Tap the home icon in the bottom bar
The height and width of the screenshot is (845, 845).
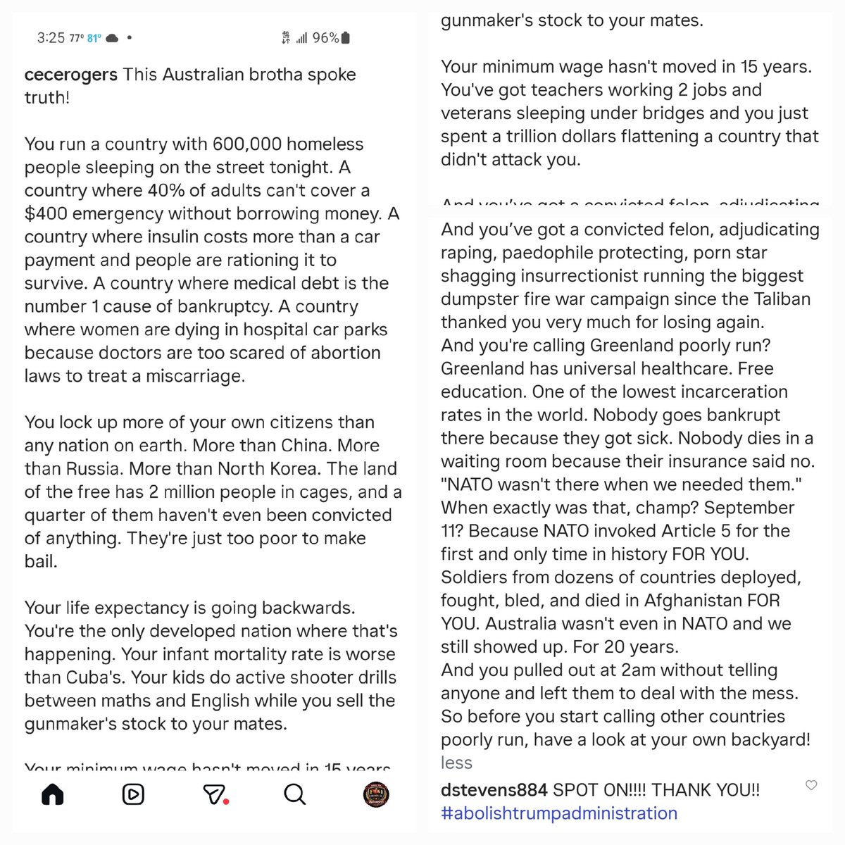coord(53,794)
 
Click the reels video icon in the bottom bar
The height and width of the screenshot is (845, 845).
coord(132,794)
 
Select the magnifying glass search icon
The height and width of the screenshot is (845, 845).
coord(294,794)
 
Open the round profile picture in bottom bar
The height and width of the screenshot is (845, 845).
coord(376,794)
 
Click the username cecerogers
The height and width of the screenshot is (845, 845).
coord(70,75)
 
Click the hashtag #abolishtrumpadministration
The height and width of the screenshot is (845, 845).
coord(558,813)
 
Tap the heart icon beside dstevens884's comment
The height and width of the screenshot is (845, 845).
coord(811,785)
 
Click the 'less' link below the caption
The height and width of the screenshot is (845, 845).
coord(456,763)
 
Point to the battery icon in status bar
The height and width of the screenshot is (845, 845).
coord(344,38)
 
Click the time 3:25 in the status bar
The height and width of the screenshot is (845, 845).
coord(51,38)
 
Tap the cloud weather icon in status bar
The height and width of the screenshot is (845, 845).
coord(112,39)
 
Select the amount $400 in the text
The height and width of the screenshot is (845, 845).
coord(46,213)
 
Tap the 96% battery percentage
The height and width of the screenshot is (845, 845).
coord(325,38)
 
